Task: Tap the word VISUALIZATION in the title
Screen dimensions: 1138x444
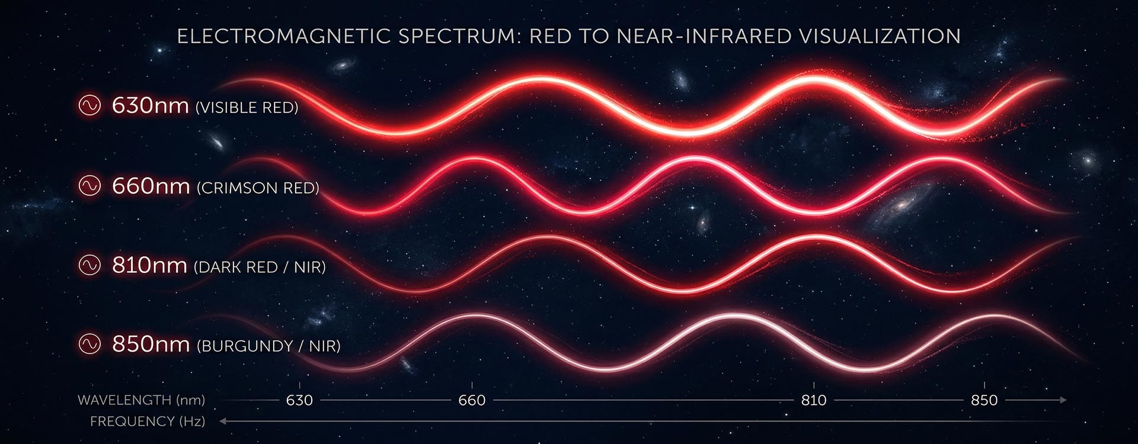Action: [880, 36]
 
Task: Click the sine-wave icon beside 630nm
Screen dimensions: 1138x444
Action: [90, 105]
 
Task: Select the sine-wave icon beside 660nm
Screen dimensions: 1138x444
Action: [90, 186]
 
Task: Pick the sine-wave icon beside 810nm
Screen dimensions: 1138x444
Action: [90, 265]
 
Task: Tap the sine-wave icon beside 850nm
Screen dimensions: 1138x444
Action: [90, 343]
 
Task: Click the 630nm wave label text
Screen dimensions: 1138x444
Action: [151, 105]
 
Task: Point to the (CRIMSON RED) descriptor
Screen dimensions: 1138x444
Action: [258, 188]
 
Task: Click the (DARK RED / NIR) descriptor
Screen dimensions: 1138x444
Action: [260, 267]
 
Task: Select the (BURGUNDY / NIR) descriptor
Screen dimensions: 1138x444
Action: [268, 346]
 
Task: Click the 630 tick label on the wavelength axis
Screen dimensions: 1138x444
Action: [299, 400]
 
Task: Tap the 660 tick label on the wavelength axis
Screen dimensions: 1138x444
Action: [472, 400]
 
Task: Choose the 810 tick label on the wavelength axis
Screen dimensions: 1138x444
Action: [814, 400]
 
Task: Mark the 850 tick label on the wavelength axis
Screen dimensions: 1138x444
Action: [984, 400]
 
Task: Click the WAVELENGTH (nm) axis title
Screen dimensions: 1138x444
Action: [142, 400]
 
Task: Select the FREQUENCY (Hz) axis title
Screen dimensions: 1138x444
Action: [148, 422]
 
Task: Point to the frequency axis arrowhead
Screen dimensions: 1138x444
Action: [223, 422]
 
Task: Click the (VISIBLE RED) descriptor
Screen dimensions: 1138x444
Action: [247, 108]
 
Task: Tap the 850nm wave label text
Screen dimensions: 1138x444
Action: [151, 344]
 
